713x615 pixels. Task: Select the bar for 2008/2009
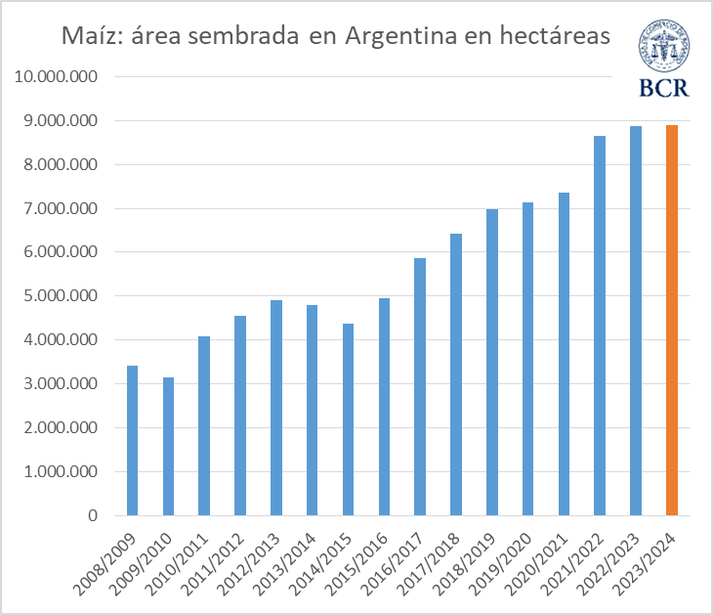pos(132,441)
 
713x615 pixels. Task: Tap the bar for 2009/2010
pos(168,447)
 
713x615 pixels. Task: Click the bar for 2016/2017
pos(420,387)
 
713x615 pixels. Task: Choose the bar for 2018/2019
pos(492,363)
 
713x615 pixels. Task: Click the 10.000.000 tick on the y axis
pos(57,77)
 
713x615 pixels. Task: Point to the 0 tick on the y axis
pos(92,515)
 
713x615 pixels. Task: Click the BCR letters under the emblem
pos(663,87)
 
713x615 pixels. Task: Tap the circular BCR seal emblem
pos(663,44)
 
